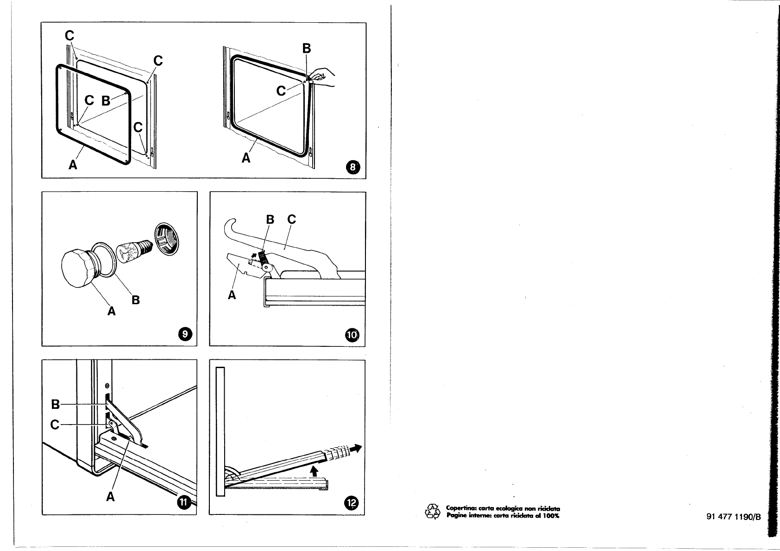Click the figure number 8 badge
353,167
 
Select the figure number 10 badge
352,335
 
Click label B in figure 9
136,300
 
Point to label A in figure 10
232,295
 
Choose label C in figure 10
291,219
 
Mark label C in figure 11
55,424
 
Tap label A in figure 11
110,497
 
